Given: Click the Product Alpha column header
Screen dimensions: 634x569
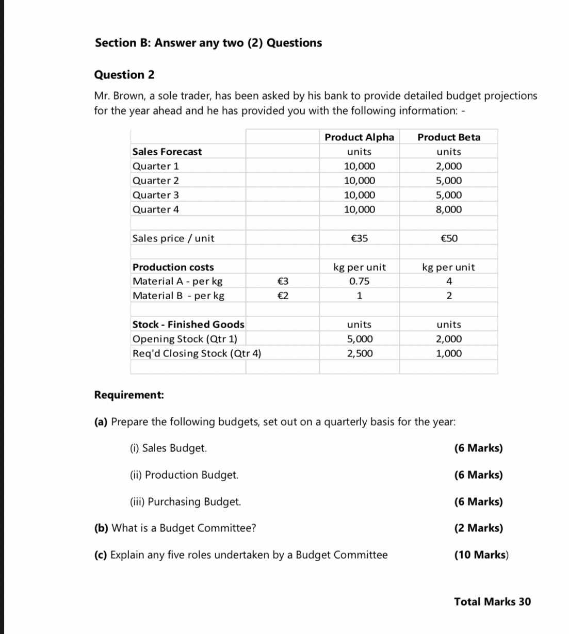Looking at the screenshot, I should pyautogui.click(x=359, y=137).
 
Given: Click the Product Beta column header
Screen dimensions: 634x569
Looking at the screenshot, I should pyautogui.click(x=449, y=137).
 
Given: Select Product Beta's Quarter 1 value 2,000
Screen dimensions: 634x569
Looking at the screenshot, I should pyautogui.click(x=449, y=166).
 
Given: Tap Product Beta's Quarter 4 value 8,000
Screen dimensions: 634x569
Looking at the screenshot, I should pyautogui.click(x=449, y=209).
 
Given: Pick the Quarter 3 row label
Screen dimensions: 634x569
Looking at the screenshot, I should pyautogui.click(x=156, y=195).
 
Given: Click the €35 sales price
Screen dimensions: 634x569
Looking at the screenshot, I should pyautogui.click(x=359, y=238).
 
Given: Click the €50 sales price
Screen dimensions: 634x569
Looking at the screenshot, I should pyautogui.click(x=449, y=238).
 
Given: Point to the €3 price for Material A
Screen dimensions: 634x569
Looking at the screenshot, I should pyautogui.click(x=282, y=281).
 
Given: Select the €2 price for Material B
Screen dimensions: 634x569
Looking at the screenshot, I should pyautogui.click(x=282, y=296).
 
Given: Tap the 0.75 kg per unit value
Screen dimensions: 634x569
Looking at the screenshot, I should pyautogui.click(x=359, y=281).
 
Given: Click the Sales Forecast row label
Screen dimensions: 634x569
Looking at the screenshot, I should pyautogui.click(x=167, y=152).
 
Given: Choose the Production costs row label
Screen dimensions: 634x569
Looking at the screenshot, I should pyautogui.click(x=173, y=267).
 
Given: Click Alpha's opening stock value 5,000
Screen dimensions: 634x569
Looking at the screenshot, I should pyautogui.click(x=359, y=339).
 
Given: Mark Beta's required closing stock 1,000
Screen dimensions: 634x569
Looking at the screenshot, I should pyautogui.click(x=449, y=353).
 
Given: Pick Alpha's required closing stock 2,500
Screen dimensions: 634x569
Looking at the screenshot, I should pyautogui.click(x=359, y=353).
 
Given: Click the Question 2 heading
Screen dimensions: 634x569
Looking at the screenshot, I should pyautogui.click(x=124, y=75).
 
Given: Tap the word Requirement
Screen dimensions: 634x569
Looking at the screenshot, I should pyautogui.click(x=129, y=395).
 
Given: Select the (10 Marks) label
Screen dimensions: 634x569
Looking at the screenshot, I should pyautogui.click(x=481, y=555).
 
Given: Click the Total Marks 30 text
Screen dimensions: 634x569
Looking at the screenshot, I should pyautogui.click(x=492, y=602).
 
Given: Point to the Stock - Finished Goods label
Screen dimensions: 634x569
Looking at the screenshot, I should pyautogui.click(x=188, y=324).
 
